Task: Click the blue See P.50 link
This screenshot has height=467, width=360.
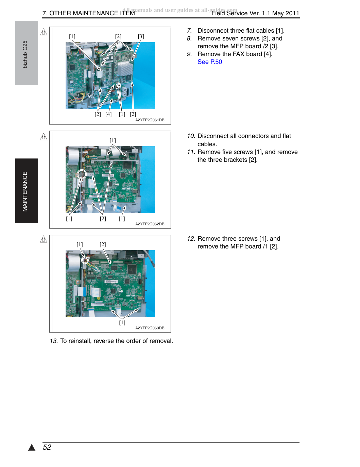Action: tap(209, 62)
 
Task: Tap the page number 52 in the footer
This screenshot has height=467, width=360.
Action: tap(47, 447)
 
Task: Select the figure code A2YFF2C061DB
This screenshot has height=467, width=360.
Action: tap(150, 120)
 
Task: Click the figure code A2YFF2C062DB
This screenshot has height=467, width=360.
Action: tap(150, 224)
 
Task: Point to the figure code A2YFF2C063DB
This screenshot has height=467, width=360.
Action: tap(150, 328)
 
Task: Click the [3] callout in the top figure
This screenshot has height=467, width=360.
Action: tap(141, 36)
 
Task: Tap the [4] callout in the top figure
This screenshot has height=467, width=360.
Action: tap(108, 114)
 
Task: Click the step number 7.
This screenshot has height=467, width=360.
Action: tap(189, 31)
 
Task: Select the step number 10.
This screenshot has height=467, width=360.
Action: tap(191, 136)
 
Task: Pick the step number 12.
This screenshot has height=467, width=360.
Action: tap(191, 239)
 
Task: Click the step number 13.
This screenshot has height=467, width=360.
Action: tap(54, 341)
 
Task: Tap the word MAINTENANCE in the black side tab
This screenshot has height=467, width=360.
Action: tap(25, 191)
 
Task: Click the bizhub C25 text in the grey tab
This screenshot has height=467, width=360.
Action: tap(25, 54)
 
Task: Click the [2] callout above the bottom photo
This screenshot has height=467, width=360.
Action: tap(103, 244)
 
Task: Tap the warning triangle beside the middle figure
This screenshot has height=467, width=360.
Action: tap(44, 137)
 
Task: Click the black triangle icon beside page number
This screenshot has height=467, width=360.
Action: tap(32, 447)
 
